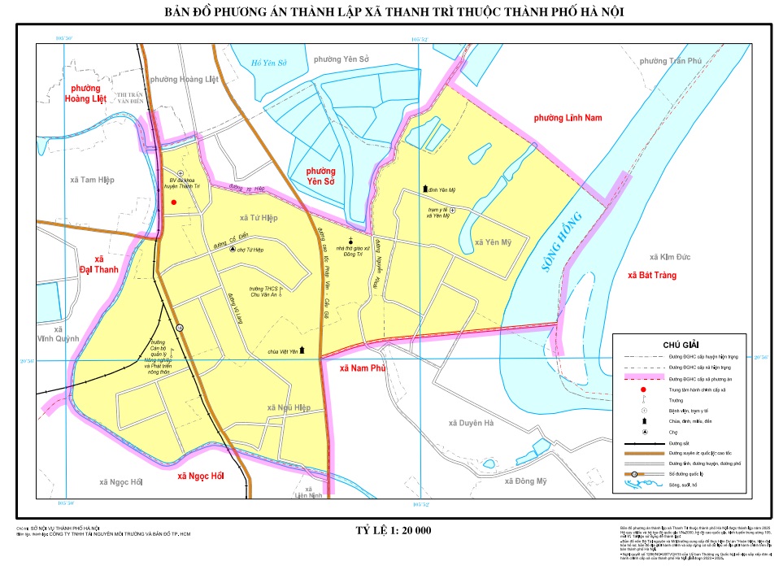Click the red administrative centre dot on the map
(x=173, y=202)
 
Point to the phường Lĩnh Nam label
(x=568, y=119)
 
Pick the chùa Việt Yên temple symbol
(x=303, y=350)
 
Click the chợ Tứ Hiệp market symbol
(x=233, y=250)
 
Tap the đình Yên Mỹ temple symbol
(x=424, y=189)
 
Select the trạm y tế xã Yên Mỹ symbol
(x=453, y=211)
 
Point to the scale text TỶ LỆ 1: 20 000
(x=394, y=531)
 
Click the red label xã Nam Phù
(x=362, y=368)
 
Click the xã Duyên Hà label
(x=472, y=424)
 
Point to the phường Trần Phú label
(x=670, y=61)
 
